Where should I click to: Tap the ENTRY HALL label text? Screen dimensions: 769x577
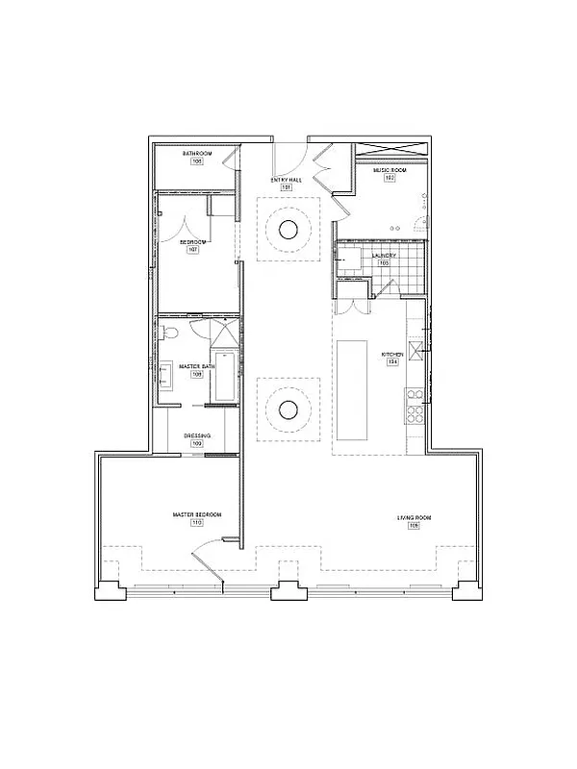pos(287,180)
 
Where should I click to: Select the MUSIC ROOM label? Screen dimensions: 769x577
pos(390,170)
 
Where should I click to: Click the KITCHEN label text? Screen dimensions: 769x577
pos(391,355)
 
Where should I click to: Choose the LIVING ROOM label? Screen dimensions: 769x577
pos(414,519)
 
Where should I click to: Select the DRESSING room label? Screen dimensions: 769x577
pos(196,435)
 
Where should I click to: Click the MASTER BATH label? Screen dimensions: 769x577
pos(195,365)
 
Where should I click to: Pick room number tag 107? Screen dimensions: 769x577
pos(193,249)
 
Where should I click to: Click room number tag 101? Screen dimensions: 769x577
pos(286,187)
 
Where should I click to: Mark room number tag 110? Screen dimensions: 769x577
pos(196,524)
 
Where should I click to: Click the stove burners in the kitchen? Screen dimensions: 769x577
pos(416,413)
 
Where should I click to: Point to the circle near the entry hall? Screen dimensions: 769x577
pos(288,229)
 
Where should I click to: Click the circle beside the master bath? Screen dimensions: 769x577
pos(288,410)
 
